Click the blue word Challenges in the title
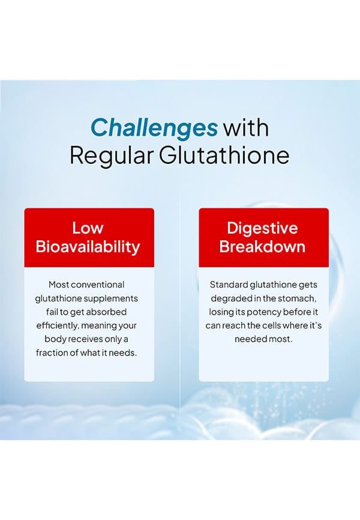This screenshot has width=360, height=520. click(x=154, y=128)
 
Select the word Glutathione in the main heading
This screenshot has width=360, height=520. click(x=224, y=155)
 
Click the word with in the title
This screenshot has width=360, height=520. click(x=245, y=128)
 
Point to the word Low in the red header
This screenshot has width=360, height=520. click(x=88, y=228)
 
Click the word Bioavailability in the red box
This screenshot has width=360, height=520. click(x=88, y=247)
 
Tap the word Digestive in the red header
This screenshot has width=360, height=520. click(x=262, y=229)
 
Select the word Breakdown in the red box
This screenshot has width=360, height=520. click(x=262, y=246)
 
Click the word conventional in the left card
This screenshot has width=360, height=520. click(x=98, y=285)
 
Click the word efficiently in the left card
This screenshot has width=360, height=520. click(x=58, y=325)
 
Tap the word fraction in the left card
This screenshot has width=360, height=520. click(x=52, y=352)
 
